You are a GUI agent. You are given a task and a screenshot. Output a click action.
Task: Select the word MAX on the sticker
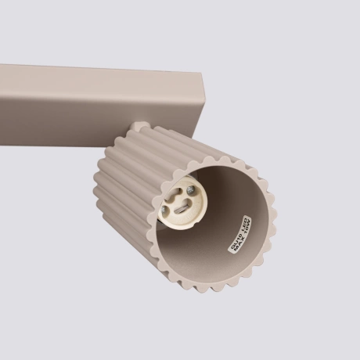pos(240,245)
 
